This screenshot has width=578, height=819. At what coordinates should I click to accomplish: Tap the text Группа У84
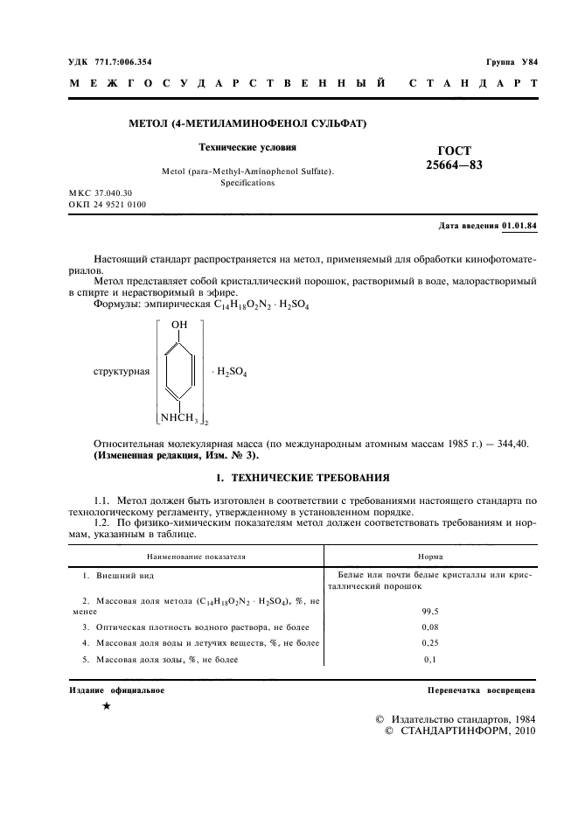[512, 63]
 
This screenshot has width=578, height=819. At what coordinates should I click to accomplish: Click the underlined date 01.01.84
[519, 226]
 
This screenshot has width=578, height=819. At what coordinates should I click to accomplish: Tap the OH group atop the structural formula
[179, 325]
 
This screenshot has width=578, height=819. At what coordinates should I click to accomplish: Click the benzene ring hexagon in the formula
[179, 371]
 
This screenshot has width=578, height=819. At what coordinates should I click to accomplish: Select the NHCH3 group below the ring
[180, 417]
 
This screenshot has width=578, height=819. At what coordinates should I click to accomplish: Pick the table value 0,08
[429, 627]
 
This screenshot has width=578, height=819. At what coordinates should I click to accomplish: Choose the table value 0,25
[429, 643]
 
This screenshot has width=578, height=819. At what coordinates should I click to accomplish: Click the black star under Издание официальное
[106, 705]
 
